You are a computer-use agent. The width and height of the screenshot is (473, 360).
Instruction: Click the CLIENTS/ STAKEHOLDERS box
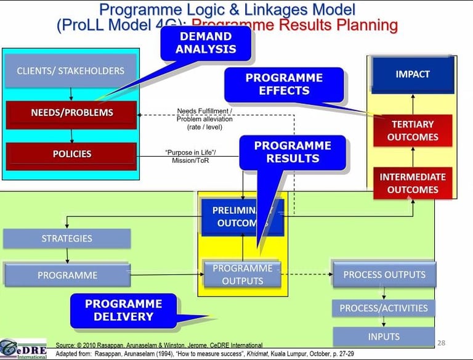(x=70, y=71)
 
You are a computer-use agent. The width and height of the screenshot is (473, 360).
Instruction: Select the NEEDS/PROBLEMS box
(x=71, y=113)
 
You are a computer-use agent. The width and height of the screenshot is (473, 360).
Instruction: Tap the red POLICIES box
(x=71, y=154)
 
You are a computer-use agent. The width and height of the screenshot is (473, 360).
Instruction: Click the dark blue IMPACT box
(x=413, y=75)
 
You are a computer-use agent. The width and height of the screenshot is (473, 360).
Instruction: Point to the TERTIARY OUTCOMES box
(x=413, y=131)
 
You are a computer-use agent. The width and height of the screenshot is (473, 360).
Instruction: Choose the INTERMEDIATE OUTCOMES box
(x=412, y=183)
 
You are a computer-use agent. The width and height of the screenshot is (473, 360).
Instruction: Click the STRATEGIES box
(x=67, y=239)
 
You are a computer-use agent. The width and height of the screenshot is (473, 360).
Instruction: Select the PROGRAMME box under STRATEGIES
(x=67, y=275)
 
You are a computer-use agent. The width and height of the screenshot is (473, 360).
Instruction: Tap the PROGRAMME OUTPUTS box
(x=242, y=275)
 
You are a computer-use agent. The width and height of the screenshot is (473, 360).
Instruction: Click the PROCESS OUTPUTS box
(x=384, y=275)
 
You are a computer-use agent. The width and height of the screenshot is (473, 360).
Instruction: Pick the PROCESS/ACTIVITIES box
(x=384, y=308)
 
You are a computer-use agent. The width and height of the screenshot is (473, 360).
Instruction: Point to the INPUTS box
(x=384, y=337)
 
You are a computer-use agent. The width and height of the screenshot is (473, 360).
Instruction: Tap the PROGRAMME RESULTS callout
(x=293, y=152)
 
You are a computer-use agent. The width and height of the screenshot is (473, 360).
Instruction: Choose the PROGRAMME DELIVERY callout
(x=123, y=310)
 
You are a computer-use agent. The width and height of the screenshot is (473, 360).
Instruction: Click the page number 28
(x=440, y=342)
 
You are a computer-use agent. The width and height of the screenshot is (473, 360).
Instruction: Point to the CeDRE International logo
(x=23, y=348)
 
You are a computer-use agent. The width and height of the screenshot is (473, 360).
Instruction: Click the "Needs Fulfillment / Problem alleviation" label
(x=204, y=119)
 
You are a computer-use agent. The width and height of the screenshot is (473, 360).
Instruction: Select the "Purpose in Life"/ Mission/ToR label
(x=185, y=156)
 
